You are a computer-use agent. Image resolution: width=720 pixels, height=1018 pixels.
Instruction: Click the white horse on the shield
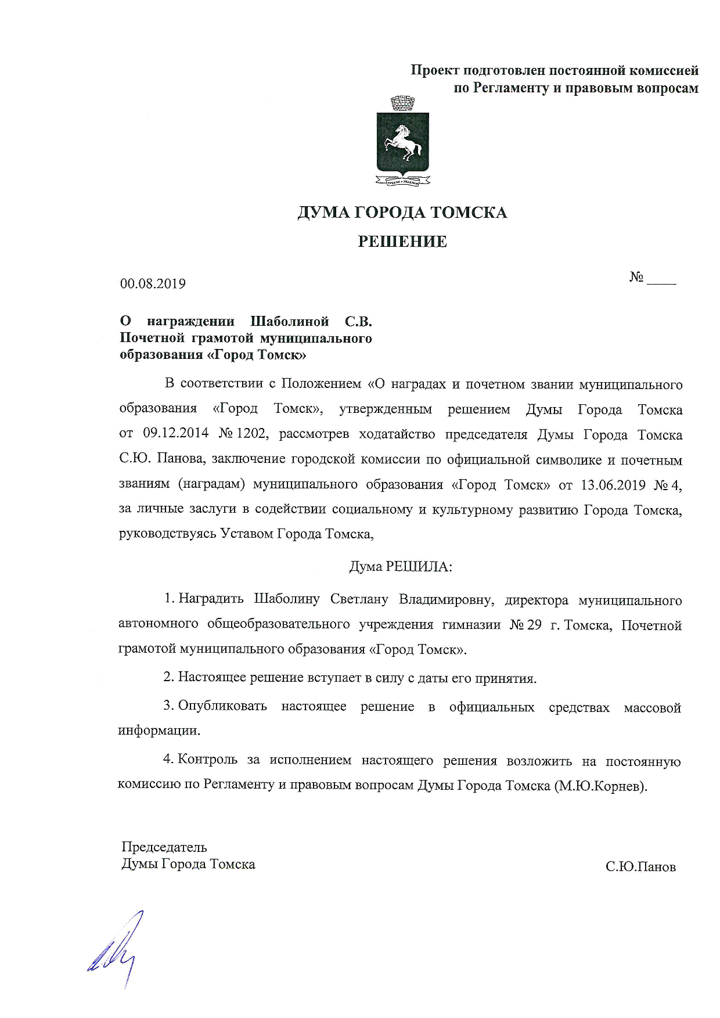pyautogui.click(x=402, y=141)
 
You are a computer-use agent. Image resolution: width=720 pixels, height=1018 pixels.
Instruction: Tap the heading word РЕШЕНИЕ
pyautogui.click(x=402, y=242)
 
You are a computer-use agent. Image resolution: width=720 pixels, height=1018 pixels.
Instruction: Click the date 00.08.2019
pyautogui.click(x=153, y=284)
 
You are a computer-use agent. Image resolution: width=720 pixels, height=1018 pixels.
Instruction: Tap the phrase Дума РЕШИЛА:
pyautogui.click(x=401, y=566)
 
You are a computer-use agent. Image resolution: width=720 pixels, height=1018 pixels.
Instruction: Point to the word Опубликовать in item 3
pyautogui.click(x=222, y=706)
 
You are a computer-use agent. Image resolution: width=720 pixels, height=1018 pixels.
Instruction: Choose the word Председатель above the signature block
pyautogui.click(x=164, y=847)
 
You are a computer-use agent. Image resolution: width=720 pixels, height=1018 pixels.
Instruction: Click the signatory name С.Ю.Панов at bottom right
pyautogui.click(x=640, y=867)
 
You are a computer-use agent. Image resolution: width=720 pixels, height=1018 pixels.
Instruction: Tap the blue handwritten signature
pyautogui.click(x=117, y=947)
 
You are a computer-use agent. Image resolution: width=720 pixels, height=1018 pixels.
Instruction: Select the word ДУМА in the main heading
pyautogui.click(x=323, y=213)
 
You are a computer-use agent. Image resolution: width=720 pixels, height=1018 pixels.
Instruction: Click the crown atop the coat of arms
pyautogui.click(x=401, y=103)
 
